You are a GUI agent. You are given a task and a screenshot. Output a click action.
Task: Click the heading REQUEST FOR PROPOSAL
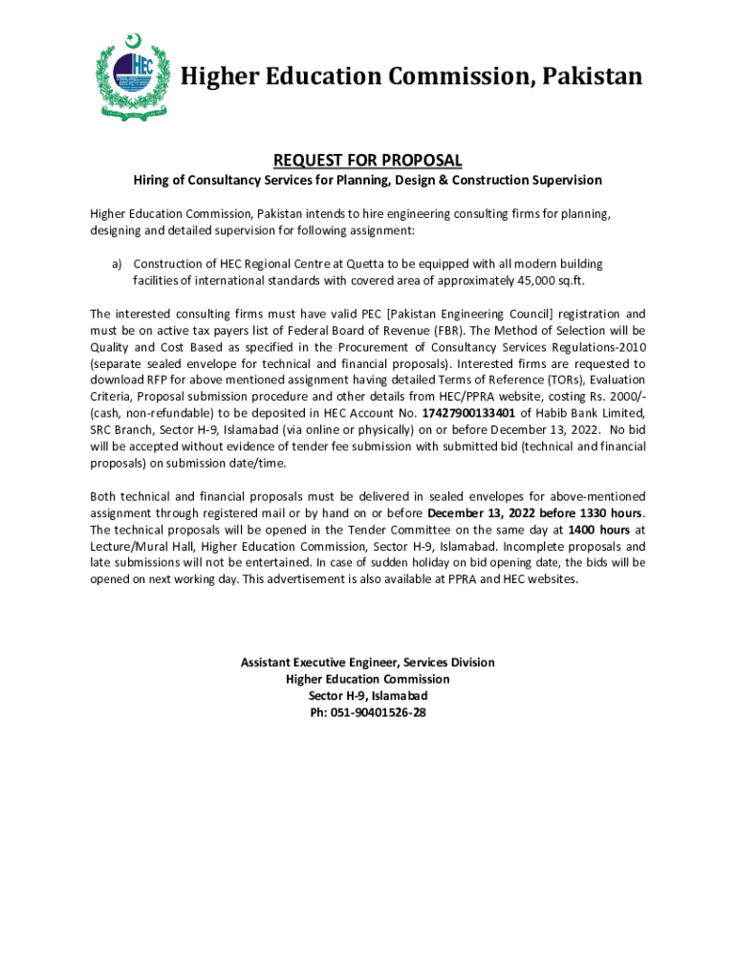(x=368, y=160)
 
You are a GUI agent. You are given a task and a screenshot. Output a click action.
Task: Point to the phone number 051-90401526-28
(x=368, y=712)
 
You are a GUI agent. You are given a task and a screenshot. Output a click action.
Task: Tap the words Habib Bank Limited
(x=591, y=413)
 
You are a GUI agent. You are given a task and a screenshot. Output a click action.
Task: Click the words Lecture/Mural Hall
(x=135, y=546)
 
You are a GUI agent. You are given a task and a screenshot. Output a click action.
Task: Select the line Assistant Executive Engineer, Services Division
(x=368, y=662)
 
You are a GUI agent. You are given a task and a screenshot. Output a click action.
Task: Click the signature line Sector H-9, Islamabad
(x=368, y=695)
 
